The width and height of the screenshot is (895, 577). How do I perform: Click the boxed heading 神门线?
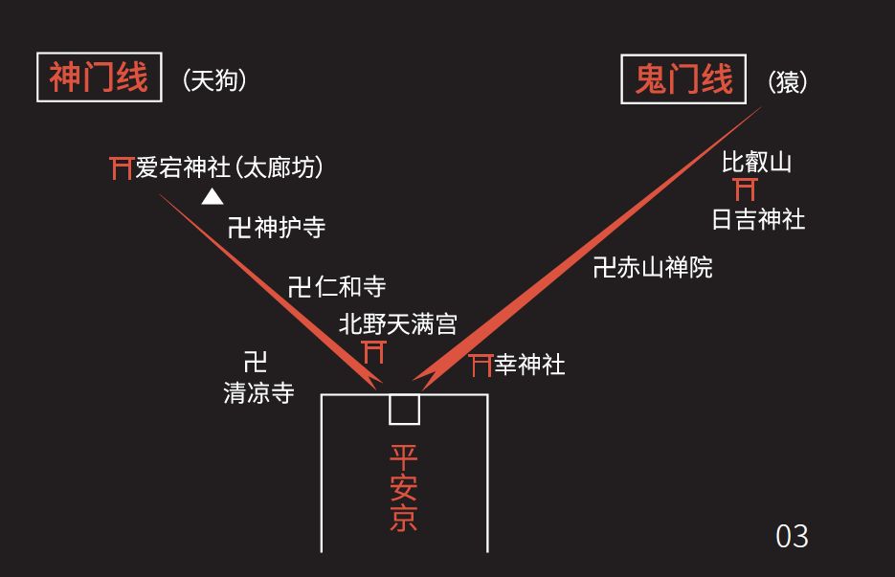[97, 78]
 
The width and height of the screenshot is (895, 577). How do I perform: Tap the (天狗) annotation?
[214, 80]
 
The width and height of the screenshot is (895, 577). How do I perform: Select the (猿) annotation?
[788, 82]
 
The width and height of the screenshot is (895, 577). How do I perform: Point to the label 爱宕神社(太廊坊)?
[230, 168]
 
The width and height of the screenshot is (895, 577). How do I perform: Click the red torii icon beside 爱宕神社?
[122, 168]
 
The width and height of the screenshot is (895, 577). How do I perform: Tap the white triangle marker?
[212, 197]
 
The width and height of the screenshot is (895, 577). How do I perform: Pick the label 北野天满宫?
[397, 324]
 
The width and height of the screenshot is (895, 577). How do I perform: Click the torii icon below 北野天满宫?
[374, 352]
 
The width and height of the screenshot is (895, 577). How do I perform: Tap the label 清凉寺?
[258, 392]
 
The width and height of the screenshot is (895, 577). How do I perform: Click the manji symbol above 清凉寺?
[255, 362]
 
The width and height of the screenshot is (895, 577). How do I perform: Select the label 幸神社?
[529, 365]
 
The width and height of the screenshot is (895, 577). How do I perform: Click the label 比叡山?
[756, 162]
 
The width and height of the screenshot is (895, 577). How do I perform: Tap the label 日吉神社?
[758, 219]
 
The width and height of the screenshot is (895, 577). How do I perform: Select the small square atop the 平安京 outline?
[404, 410]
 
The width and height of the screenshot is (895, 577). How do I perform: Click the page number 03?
[792, 536]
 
